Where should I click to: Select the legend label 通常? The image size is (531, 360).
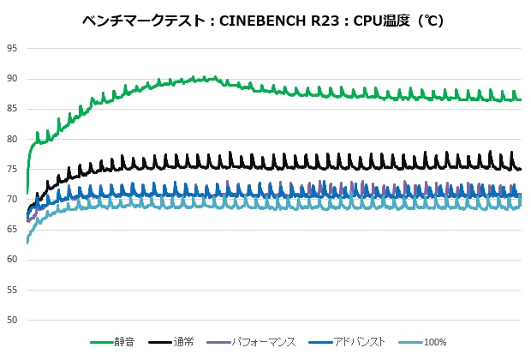[183, 342]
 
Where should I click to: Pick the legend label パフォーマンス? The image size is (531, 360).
[263, 342]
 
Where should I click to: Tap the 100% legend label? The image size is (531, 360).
[435, 342]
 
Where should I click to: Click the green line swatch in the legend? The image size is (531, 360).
[102, 342]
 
